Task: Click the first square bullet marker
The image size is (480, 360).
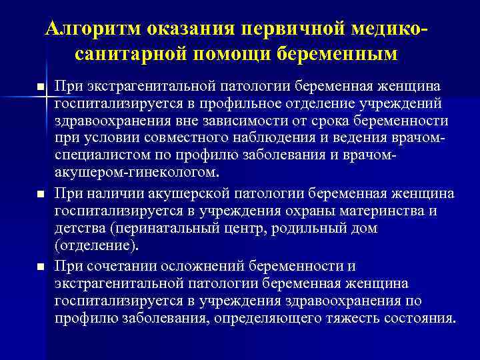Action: (41, 88)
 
